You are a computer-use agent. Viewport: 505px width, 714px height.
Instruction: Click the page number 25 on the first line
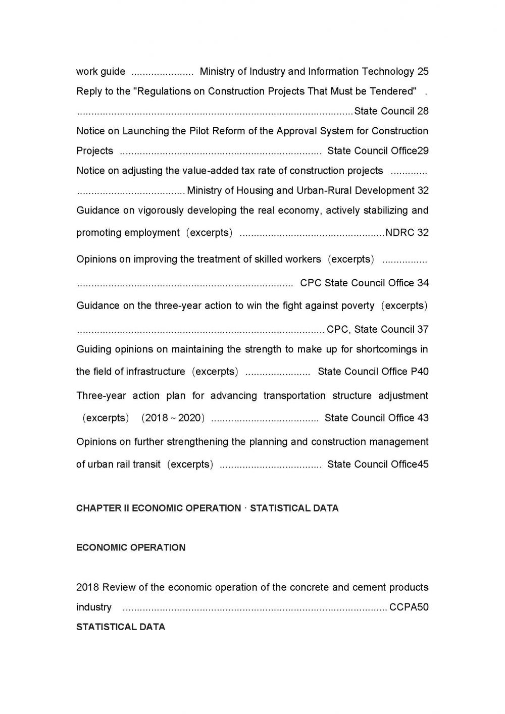[x=423, y=72]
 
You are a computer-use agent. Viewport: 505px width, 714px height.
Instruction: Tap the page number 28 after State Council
[x=423, y=111]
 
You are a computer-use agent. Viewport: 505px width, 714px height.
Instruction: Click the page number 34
[x=423, y=283]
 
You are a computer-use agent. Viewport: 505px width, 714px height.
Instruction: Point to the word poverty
[x=358, y=306]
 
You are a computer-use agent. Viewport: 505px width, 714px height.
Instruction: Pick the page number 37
[x=423, y=330]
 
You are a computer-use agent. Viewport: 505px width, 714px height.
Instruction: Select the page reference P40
[x=420, y=372]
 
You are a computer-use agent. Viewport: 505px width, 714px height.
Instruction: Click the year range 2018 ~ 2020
[x=173, y=418]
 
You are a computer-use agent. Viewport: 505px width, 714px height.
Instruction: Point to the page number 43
[x=423, y=418]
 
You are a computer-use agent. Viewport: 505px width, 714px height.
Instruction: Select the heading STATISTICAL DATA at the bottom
[x=121, y=627]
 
